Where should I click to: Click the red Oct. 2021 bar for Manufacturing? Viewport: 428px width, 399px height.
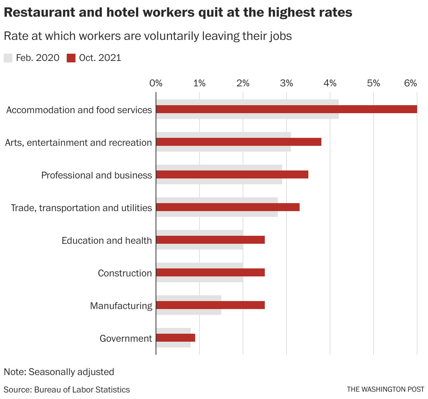coord(210,305)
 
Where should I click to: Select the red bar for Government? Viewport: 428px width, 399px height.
coord(176,338)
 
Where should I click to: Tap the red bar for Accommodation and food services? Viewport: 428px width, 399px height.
coord(287,109)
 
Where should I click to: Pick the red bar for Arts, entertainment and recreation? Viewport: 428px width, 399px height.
coord(239,142)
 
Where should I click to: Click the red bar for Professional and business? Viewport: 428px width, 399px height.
coord(232,174)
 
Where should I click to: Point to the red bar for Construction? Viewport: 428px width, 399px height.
coord(210,272)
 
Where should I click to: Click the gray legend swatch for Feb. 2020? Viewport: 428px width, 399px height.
coord(8,58)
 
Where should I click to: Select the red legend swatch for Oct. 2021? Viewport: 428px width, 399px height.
coord(71,58)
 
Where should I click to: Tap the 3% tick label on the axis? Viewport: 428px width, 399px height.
coord(287,83)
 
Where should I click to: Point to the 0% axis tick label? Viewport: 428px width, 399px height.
coord(156,83)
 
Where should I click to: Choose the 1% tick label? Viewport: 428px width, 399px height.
coord(199,83)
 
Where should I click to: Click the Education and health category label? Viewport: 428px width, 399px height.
coord(107,240)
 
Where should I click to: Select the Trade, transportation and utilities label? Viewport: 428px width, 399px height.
coord(81,208)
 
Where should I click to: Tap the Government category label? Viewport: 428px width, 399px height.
coord(125,338)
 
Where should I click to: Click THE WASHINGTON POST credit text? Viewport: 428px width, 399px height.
coord(385,389)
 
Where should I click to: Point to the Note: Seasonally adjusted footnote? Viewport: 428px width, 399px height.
coord(59,372)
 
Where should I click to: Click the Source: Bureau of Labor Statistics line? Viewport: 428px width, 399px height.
coord(67,390)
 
